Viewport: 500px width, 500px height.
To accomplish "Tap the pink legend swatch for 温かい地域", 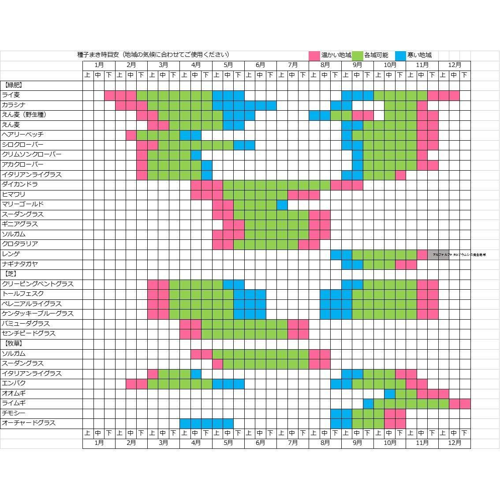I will [314, 56].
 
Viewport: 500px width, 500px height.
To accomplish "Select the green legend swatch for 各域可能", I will [357, 56].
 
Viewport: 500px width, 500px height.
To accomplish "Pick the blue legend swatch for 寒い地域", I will [400, 56].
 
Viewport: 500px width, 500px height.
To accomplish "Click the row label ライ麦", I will [11, 95].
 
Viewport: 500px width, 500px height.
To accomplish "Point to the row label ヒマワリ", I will [14, 194].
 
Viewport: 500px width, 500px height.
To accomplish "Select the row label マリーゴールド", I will [23, 204].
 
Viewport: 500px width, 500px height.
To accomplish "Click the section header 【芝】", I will [10, 274].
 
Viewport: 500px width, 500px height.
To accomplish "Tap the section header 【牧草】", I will [13, 343].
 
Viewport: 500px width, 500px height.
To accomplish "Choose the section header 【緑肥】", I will [13, 85].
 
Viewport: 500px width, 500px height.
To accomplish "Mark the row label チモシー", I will [14, 413].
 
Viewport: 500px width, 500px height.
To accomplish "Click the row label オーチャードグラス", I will [29, 423].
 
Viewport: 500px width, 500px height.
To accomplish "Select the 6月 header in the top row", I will [261, 65].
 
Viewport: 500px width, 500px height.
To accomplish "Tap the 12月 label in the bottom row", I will [455, 443].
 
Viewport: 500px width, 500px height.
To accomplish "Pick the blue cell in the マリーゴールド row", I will [282, 205].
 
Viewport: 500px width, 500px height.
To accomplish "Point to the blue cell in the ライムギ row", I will [368, 403].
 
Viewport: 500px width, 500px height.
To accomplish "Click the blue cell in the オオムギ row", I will [390, 393].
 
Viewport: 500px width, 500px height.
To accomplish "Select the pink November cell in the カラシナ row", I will [422, 105].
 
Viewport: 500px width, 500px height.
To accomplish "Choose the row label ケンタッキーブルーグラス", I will [38, 313].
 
